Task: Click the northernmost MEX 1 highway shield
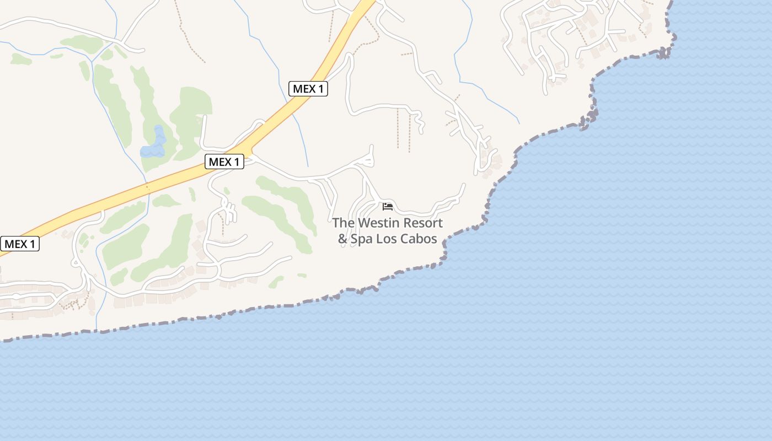308,88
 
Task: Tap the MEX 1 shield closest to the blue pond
224,162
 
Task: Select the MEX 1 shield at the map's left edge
20,244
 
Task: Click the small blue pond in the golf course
154,144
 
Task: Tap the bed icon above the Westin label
388,206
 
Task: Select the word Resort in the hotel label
423,223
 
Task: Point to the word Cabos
419,239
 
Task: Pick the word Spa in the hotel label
362,239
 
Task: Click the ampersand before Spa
342,239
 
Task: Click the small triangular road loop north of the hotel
367,160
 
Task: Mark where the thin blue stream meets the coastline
97,331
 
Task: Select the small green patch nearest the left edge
21,58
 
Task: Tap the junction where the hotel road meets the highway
249,157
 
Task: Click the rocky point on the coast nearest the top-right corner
664,53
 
